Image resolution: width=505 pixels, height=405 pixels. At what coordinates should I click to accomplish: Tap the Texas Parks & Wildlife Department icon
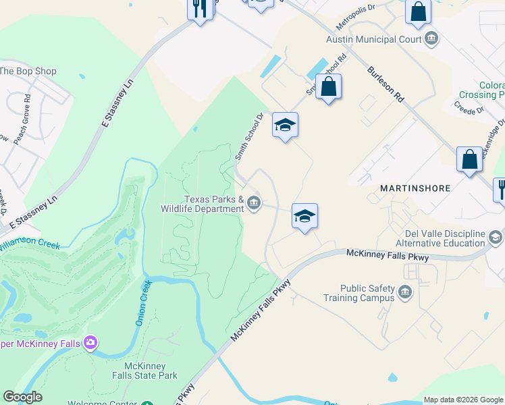(x=254, y=202)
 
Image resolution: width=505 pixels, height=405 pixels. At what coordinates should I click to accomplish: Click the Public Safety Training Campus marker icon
(x=405, y=292)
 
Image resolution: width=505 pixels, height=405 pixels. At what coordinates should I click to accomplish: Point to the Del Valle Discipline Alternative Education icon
(x=496, y=238)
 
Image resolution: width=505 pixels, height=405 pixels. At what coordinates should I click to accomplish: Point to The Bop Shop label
(x=28, y=71)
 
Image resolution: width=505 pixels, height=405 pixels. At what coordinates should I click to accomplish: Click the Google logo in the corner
(x=22, y=397)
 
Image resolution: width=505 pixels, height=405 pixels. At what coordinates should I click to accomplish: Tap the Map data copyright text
(x=463, y=400)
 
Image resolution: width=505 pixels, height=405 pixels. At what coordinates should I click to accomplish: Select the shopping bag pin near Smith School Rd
(x=328, y=87)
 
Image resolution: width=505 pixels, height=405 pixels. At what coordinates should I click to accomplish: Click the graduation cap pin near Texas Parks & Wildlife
(x=304, y=216)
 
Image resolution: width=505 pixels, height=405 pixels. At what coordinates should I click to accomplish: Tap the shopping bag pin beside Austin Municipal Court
(x=418, y=11)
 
